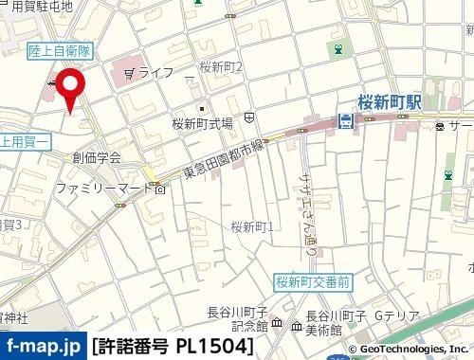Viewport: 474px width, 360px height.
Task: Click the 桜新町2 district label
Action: [222, 66]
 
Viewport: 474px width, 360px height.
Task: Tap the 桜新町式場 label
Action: [202, 122]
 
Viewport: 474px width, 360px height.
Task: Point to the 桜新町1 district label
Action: [252, 226]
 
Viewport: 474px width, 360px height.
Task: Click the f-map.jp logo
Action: [43, 346]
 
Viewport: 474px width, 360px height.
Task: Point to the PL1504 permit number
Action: [217, 346]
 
